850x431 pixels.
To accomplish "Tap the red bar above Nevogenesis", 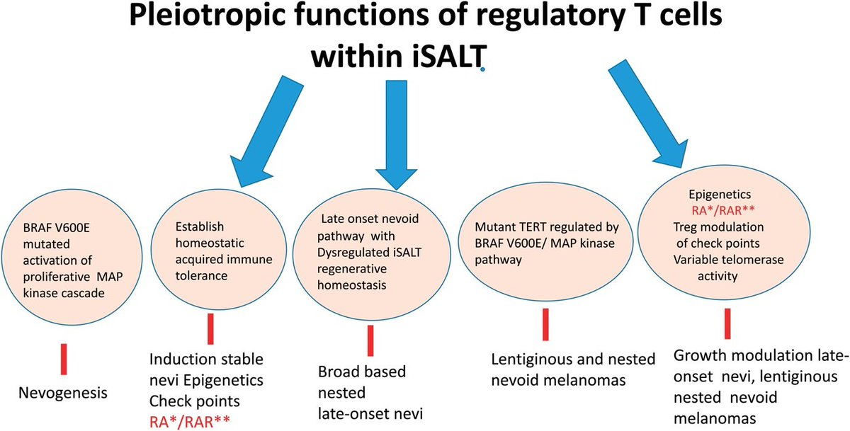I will (63, 354).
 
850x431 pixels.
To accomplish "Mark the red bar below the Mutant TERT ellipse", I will (545, 324).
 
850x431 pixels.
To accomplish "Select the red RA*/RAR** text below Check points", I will (189, 422).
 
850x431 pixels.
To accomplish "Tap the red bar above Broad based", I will (370, 340).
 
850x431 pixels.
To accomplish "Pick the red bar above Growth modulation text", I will (727, 323).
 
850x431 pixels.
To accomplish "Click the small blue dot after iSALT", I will (482, 70).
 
